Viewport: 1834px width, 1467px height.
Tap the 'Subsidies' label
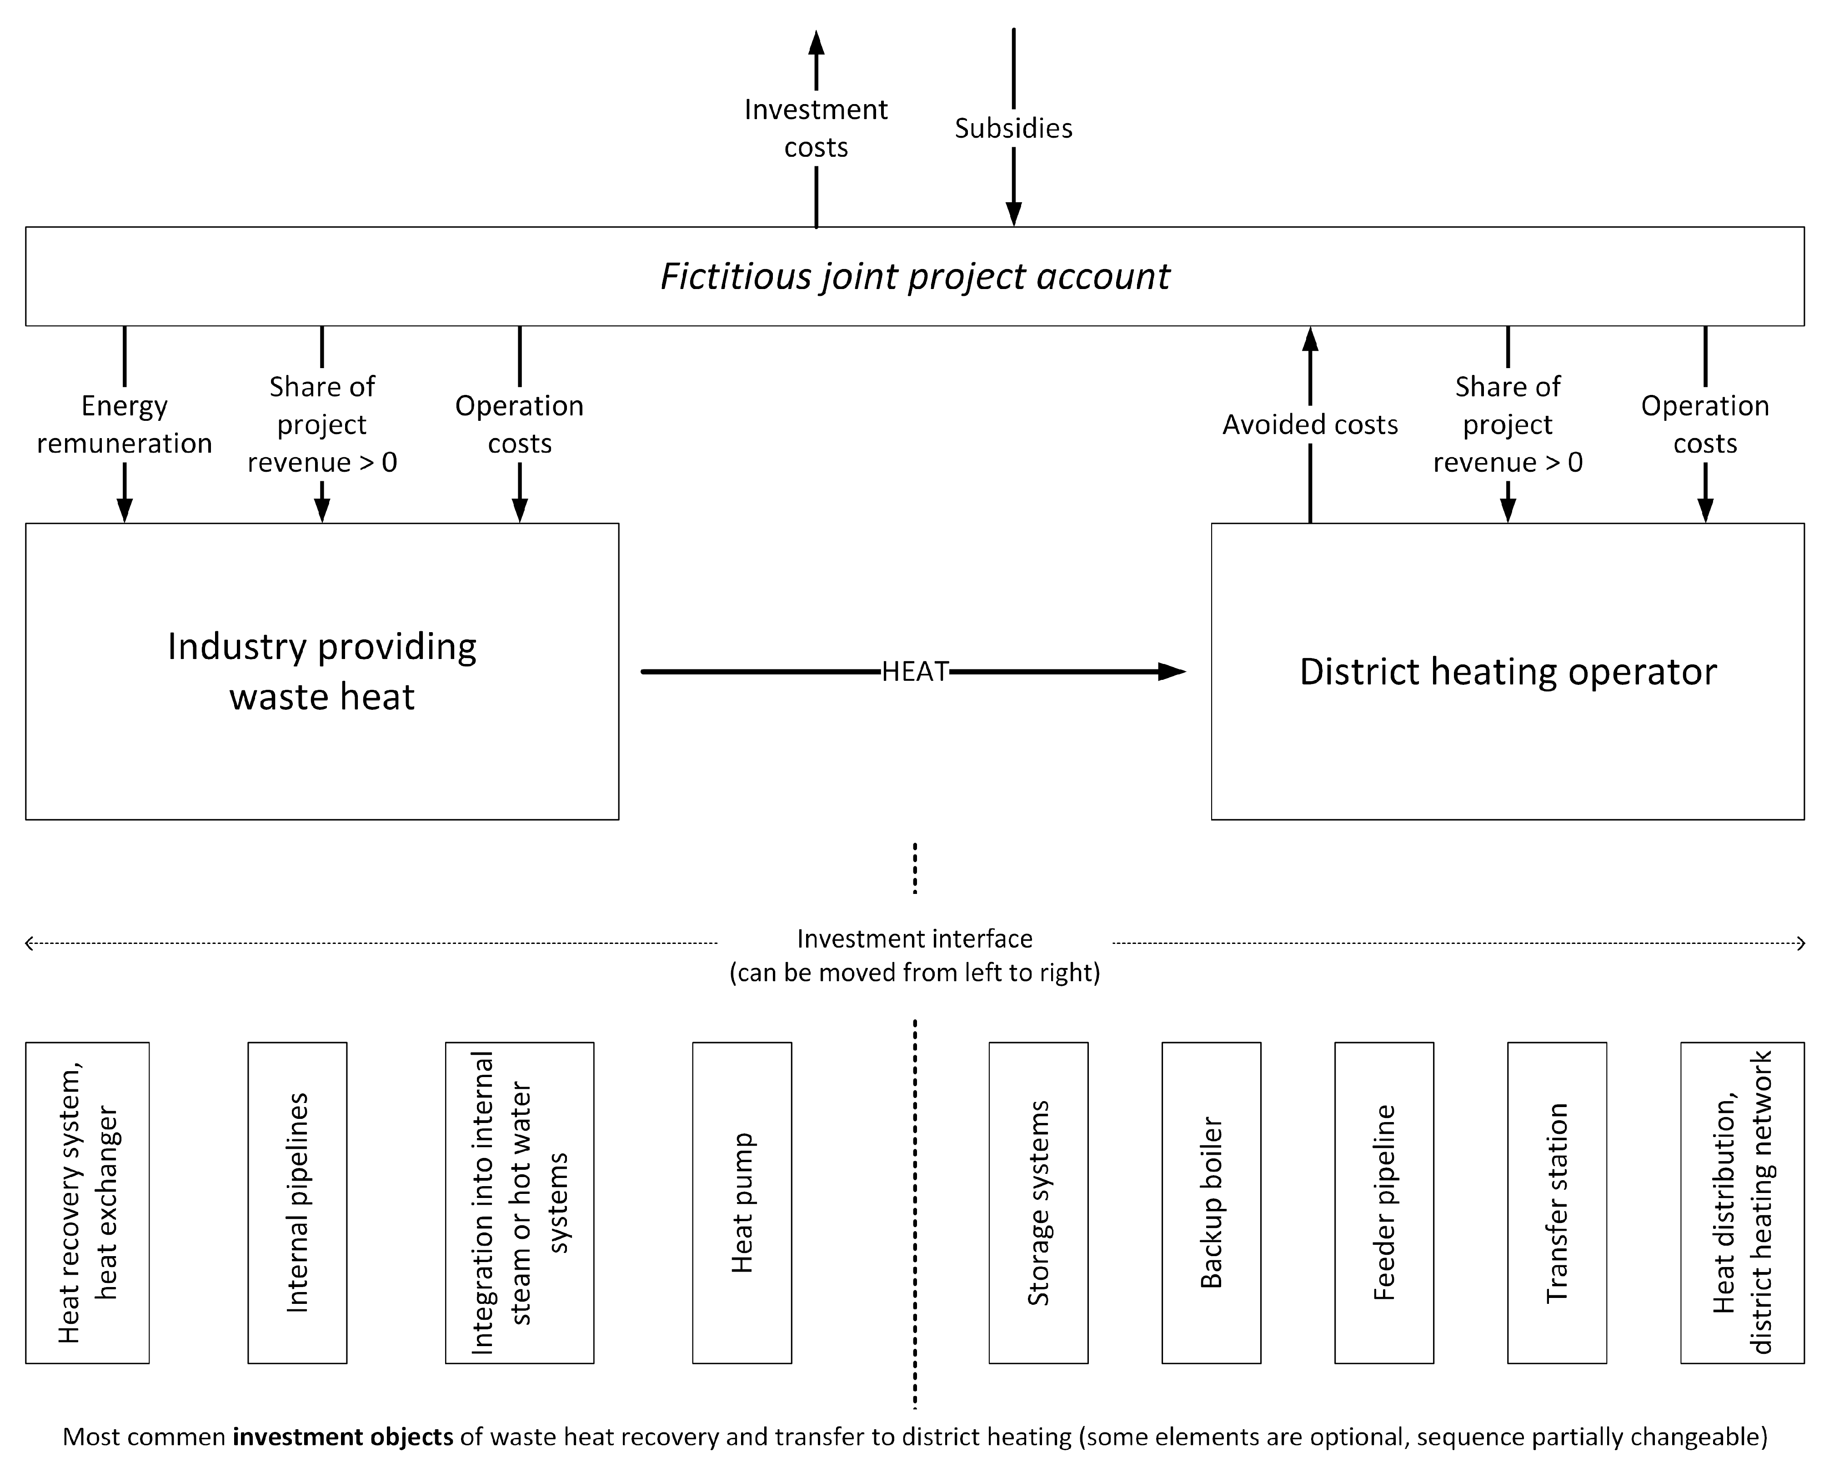point(1013,129)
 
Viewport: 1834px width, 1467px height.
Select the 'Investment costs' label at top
point(816,129)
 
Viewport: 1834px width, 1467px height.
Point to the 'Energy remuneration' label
point(124,424)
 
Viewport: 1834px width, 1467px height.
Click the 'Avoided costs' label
point(1310,424)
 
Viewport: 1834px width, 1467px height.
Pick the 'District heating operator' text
point(1508,672)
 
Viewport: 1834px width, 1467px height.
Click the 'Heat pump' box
point(742,1203)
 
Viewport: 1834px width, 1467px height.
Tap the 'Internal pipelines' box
point(297,1203)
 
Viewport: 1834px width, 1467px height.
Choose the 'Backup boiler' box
point(1211,1203)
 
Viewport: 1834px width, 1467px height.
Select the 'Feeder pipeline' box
point(1384,1203)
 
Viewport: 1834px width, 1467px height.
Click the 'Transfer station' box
point(1557,1203)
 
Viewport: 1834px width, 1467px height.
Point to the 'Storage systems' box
point(1038,1203)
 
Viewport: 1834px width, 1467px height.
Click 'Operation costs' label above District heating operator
point(1705,424)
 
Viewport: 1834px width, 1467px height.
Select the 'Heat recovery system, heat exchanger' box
point(88,1203)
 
